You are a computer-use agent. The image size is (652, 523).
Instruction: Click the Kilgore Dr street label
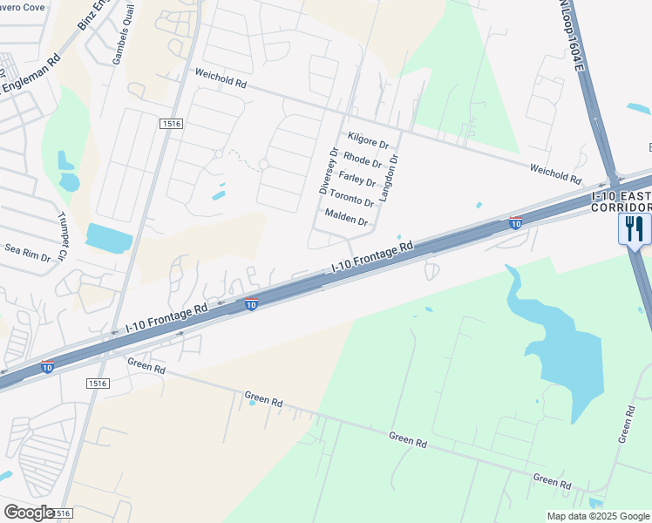coord(373,141)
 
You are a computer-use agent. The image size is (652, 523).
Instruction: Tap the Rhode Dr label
coord(363,160)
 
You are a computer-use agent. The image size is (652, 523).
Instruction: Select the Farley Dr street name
coord(357,180)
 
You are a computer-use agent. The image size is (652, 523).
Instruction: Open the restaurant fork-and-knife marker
coord(634,229)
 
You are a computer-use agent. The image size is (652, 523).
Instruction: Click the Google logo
coord(29,513)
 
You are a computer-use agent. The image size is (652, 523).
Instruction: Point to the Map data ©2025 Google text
coord(598,516)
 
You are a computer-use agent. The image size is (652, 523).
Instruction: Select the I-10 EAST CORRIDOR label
coord(621,200)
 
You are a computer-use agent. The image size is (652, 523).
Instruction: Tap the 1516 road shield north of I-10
coord(171,125)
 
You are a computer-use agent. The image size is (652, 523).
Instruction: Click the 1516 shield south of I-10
coord(98,383)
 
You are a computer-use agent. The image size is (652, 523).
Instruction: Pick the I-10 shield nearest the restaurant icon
coord(516,223)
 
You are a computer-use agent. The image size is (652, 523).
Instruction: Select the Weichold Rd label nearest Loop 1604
coord(555,172)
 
